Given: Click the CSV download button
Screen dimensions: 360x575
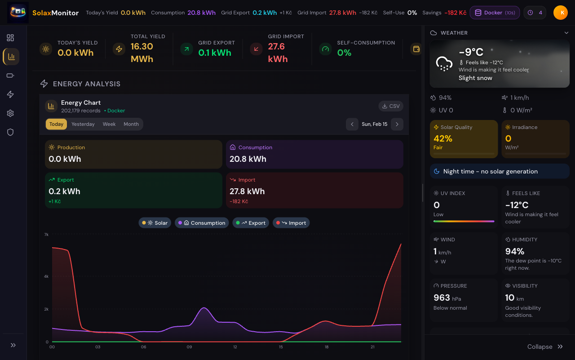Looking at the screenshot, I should tap(391, 106).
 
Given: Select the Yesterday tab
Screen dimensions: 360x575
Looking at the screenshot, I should tap(83, 124).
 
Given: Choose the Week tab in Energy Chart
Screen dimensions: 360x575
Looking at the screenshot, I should tap(109, 124).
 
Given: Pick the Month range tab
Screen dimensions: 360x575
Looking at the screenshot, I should tap(131, 124).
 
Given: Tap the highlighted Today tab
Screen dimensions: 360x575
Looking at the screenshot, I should tap(56, 124).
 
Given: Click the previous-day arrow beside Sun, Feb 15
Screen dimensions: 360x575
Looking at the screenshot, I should tap(352, 124).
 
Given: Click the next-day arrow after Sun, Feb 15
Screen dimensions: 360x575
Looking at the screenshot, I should tap(397, 124).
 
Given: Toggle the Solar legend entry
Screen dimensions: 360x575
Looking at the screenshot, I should tap(155, 223).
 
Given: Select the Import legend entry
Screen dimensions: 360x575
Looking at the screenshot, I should tap(291, 223).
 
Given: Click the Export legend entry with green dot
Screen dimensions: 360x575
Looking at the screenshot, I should tap(251, 223).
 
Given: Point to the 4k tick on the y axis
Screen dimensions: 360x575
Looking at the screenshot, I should tap(46, 276).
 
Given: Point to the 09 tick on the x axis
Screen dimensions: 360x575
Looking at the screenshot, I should tap(190, 347).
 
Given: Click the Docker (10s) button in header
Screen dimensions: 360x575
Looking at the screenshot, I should tap(495, 13).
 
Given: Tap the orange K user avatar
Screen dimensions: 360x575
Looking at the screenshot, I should tap(561, 13).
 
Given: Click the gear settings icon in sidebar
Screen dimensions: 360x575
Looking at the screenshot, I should tap(10, 113).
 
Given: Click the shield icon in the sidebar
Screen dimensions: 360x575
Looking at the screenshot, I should tap(10, 132).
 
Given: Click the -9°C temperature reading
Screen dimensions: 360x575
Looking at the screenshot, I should tap(471, 53).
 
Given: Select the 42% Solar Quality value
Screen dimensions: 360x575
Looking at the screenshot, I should tap(443, 138).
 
